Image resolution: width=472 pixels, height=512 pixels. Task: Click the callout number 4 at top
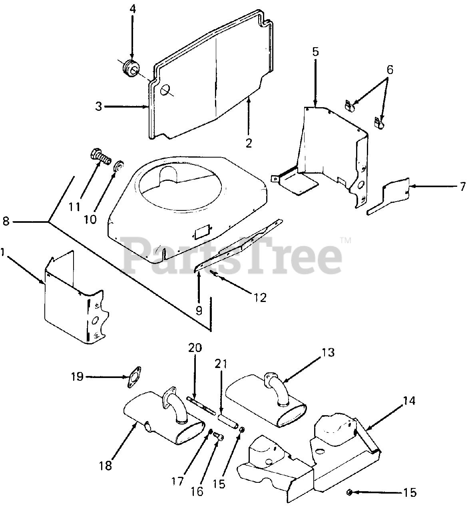coord(132,9)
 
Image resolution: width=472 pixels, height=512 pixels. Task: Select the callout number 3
coord(99,106)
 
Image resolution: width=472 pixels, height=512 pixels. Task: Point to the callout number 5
coord(315,52)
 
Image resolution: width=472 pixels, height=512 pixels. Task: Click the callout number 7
coord(463,186)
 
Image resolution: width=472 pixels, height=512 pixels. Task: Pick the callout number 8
coord(6,221)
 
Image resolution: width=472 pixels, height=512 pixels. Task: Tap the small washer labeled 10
coord(119,166)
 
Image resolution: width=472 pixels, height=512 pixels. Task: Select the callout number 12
coord(260,298)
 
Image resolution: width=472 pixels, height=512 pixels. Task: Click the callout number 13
coord(327,353)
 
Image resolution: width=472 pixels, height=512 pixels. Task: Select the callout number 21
coord(221,364)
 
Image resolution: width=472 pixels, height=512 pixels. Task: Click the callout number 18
coord(106,466)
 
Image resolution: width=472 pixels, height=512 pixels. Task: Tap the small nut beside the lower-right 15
coord(349,492)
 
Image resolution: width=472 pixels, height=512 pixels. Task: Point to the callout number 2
coord(249,143)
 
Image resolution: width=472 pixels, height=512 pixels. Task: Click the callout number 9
coord(199,310)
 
